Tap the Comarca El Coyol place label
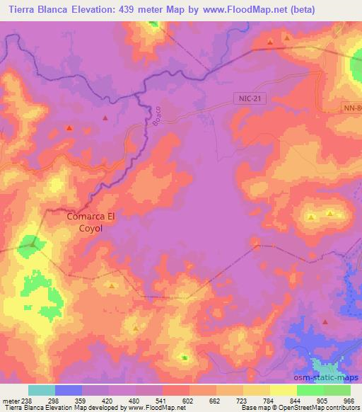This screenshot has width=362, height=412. [94, 223]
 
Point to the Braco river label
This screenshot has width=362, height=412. [158, 115]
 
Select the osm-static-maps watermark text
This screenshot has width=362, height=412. [331, 377]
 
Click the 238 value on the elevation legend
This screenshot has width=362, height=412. [29, 400]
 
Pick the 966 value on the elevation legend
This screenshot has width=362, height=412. [349, 400]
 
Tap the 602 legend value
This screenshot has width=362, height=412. [189, 400]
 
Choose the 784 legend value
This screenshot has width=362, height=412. [269, 400]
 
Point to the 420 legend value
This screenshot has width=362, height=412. [108, 400]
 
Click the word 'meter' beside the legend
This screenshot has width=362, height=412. [10, 400]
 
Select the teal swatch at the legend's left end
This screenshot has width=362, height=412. [42, 390]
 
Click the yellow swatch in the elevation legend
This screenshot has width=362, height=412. [283, 390]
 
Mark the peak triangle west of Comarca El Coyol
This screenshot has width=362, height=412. [32, 244]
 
